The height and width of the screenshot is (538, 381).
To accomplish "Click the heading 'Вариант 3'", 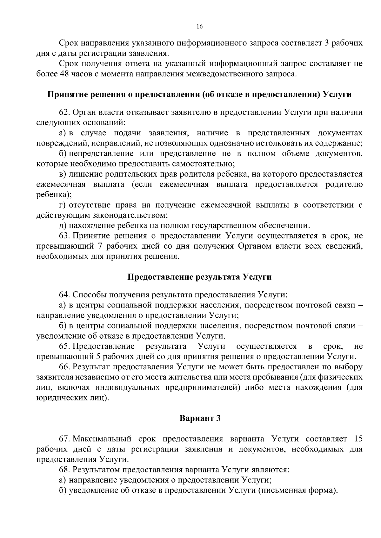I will click(200, 418).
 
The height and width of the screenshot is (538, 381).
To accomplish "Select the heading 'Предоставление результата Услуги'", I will click(199, 277).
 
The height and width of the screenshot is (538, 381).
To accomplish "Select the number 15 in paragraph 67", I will click(358, 439).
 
